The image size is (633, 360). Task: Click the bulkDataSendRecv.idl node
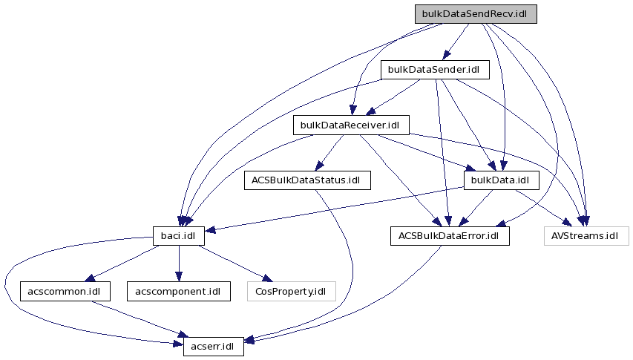point(475,14)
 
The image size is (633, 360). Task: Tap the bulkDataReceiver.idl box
point(351,125)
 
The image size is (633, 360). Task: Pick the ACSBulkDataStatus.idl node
point(306,180)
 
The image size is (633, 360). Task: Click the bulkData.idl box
point(500,180)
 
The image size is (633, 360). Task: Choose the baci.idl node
point(178,236)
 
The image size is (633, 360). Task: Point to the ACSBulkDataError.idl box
point(450,236)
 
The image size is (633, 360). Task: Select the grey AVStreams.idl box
point(585,236)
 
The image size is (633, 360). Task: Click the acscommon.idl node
point(65,291)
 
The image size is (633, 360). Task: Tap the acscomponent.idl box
point(178,291)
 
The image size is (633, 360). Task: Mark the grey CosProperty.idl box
point(290,291)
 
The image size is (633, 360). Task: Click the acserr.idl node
point(213,346)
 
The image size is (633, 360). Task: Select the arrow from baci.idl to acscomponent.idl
point(178,264)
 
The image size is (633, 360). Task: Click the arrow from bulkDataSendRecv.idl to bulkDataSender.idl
point(456,42)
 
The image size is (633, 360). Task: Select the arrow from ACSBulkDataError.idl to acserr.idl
point(349,304)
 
